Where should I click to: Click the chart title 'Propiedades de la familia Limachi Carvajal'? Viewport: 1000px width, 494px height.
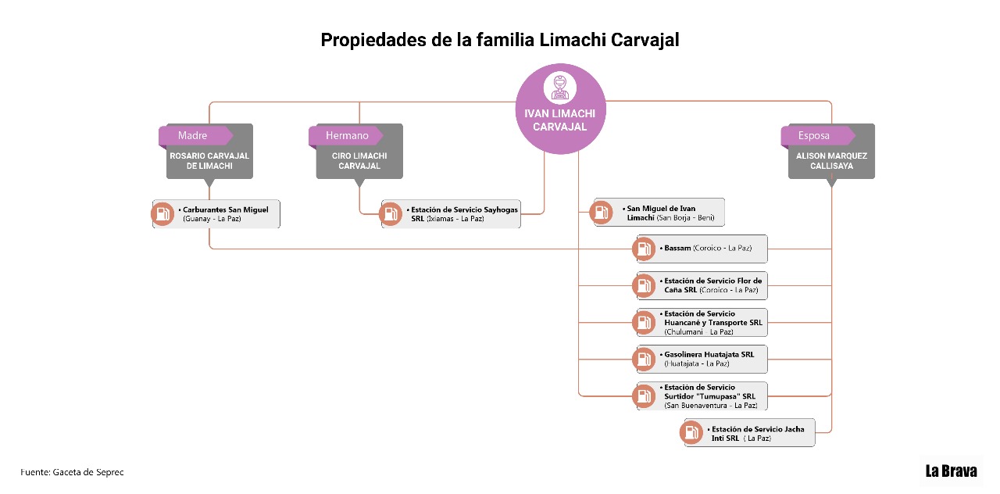pyautogui.click(x=500, y=40)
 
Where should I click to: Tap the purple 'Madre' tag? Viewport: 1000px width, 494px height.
pyautogui.click(x=195, y=135)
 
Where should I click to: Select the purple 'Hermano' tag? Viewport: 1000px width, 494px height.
pyautogui.click(x=345, y=135)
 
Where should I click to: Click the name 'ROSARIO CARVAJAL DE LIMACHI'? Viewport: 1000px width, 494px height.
pyautogui.click(x=209, y=161)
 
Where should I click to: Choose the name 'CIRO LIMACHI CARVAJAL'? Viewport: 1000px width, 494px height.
pyautogui.click(x=359, y=161)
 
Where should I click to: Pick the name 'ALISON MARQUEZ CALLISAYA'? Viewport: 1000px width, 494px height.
pyautogui.click(x=832, y=161)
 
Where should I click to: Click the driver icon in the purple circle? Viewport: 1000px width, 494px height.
pyautogui.click(x=560, y=88)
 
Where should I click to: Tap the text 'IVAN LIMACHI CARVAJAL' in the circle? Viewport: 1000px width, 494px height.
pyautogui.click(x=560, y=120)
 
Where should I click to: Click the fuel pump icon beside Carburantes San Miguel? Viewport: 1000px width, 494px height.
pyautogui.click(x=162, y=214)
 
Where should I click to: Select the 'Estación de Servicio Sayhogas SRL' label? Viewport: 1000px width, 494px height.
pyautogui.click(x=462, y=214)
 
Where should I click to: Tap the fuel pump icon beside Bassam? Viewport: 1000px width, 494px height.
pyautogui.click(x=644, y=249)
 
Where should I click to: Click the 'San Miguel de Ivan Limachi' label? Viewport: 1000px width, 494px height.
pyautogui.click(x=668, y=213)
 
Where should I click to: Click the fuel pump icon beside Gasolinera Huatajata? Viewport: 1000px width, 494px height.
pyautogui.click(x=644, y=359)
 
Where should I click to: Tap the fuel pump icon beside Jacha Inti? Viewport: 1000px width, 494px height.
pyautogui.click(x=691, y=432)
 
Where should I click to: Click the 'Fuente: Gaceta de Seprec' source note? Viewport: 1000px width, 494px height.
pyautogui.click(x=72, y=472)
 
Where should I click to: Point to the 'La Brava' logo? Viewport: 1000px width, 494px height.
pyautogui.click(x=951, y=471)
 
